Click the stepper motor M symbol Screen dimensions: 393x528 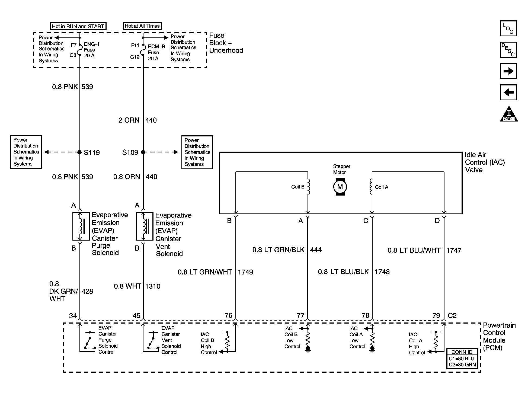(x=340, y=187)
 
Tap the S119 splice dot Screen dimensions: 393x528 (x=79, y=152)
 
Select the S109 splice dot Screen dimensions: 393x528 (x=143, y=152)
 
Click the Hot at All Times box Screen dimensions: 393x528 (x=142, y=26)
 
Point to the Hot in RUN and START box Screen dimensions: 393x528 (x=78, y=26)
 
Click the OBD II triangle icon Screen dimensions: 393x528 (x=509, y=114)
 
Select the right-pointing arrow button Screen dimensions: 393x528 (x=508, y=71)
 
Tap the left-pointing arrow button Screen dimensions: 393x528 (x=508, y=92)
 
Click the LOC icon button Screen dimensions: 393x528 (x=508, y=28)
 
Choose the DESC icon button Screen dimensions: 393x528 (x=508, y=50)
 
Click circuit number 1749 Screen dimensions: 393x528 (x=245, y=272)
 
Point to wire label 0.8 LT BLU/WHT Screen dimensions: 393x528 (x=414, y=250)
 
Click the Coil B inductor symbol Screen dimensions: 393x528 (x=308, y=187)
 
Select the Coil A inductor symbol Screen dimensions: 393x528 (x=371, y=187)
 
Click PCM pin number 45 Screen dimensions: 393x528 (x=136, y=316)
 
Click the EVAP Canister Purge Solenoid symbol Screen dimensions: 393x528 (x=81, y=226)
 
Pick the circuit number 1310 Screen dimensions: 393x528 (x=153, y=286)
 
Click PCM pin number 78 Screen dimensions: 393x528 (x=365, y=315)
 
